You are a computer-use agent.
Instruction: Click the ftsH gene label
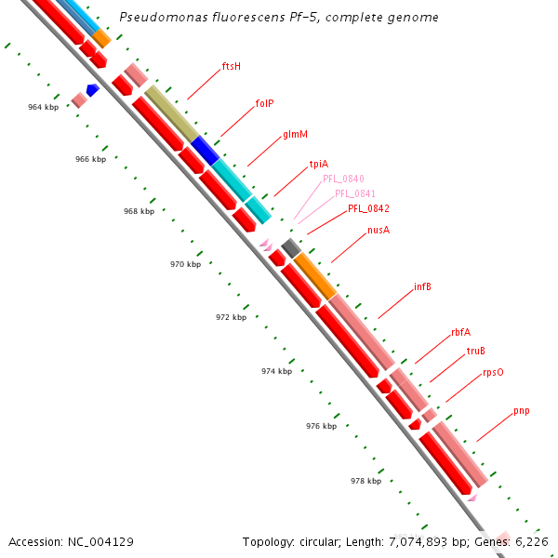click(x=231, y=67)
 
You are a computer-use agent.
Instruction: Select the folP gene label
click(x=264, y=103)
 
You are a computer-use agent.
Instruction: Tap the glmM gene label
click(x=296, y=135)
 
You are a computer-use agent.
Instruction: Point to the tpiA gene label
click(x=319, y=165)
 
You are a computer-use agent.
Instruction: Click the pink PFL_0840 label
click(x=343, y=179)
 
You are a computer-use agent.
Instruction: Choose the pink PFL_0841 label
click(x=355, y=193)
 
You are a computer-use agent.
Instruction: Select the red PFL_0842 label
click(x=368, y=208)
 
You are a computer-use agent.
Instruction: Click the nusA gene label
click(x=379, y=230)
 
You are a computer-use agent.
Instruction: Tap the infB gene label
click(x=422, y=286)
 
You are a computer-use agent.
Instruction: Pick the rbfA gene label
click(x=460, y=332)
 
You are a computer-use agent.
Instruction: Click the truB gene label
click(x=476, y=351)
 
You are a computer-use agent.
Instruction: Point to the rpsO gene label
click(x=493, y=372)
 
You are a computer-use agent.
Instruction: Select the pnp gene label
click(x=522, y=410)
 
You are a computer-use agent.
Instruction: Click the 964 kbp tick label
click(x=43, y=108)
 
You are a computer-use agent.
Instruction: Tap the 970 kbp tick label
click(x=185, y=265)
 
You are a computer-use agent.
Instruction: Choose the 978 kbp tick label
click(x=365, y=481)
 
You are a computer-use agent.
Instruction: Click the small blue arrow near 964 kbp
click(x=92, y=89)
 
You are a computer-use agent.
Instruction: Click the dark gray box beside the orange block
click(x=290, y=247)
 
